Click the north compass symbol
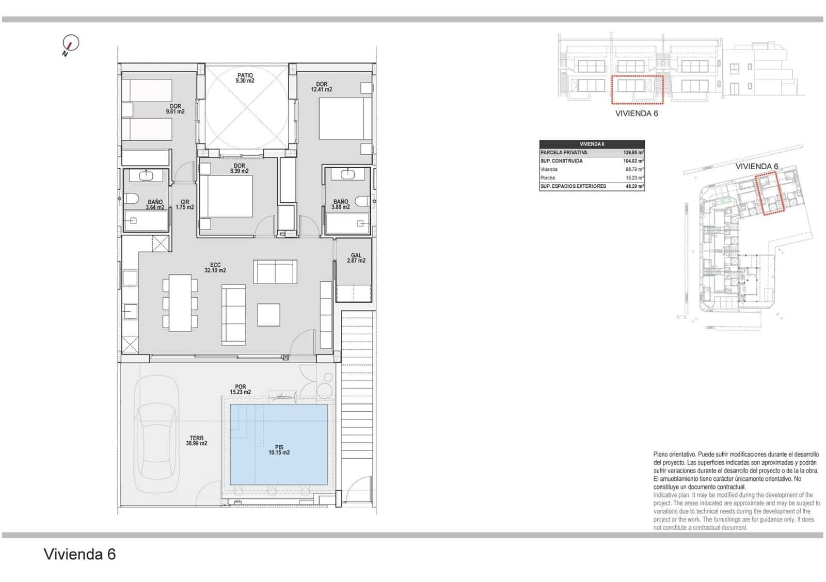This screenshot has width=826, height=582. coord(70,44)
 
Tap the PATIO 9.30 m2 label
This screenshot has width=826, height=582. coord(245,78)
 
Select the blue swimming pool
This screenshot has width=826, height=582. coord(278,444)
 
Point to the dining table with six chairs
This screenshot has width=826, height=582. coord(180,303)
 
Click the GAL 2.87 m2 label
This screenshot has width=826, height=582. coord(356,258)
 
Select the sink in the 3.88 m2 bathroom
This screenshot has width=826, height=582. coord(348,174)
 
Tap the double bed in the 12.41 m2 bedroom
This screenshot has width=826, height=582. coord(340,119)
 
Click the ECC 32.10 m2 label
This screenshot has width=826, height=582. coord(215,267)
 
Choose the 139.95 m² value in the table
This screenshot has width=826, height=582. coord(633,153)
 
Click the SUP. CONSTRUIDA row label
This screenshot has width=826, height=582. coord(562,161)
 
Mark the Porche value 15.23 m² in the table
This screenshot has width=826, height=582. coord(634,178)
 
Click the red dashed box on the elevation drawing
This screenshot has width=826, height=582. coord(637,89)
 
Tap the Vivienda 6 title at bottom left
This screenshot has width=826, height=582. coord(80,554)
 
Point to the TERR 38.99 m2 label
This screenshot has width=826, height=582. coord(196,441)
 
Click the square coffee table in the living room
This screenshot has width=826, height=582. coord(268,315)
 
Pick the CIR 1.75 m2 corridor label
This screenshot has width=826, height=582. coord(185,205)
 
